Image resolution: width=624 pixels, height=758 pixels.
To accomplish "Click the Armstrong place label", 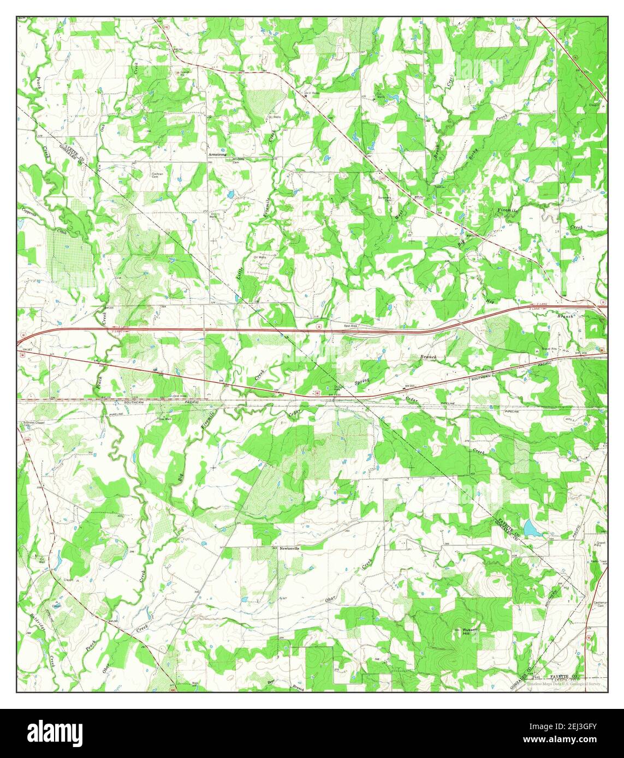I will coord(217,154).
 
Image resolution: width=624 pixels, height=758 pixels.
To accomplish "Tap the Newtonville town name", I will coord(290,548).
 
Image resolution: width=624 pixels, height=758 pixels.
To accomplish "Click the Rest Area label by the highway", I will coord(350,326).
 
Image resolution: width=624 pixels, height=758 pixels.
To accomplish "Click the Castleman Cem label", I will coord(599,604).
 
